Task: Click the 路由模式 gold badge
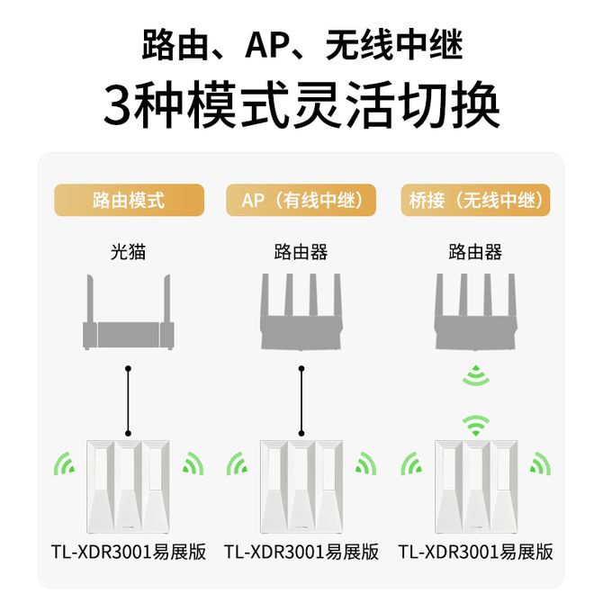[x=129, y=200]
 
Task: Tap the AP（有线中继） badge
[x=301, y=200]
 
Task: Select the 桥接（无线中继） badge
[x=474, y=200]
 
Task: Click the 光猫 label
[x=128, y=252]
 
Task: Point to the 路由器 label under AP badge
[x=301, y=252]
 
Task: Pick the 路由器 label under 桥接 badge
[x=474, y=252]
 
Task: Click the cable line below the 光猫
[x=129, y=400]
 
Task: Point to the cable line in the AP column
[x=301, y=400]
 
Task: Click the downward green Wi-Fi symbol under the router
[x=474, y=375]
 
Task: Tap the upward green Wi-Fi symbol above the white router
[x=474, y=422]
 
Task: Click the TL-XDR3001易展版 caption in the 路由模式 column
[x=128, y=551]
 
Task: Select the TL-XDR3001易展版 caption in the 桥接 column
[x=474, y=551]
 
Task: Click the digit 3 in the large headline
[x=122, y=106]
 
